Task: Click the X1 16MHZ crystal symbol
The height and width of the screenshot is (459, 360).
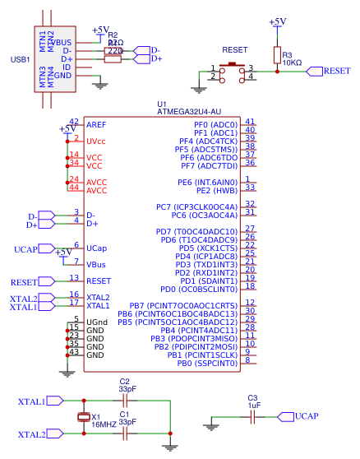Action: click(83, 417)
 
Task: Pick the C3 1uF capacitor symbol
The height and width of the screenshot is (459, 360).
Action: click(253, 417)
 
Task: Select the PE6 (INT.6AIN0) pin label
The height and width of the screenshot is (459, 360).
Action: click(207, 182)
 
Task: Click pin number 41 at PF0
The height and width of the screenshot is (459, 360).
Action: click(250, 122)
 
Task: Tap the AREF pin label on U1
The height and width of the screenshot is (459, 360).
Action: click(96, 123)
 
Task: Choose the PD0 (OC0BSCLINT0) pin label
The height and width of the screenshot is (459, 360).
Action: click(200, 289)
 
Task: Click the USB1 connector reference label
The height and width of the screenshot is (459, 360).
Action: click(19, 60)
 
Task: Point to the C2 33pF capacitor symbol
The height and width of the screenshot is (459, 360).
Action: click(125, 401)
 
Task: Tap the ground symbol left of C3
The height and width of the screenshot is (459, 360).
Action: click(213, 425)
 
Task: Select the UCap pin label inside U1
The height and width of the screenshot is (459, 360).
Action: click(96, 248)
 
